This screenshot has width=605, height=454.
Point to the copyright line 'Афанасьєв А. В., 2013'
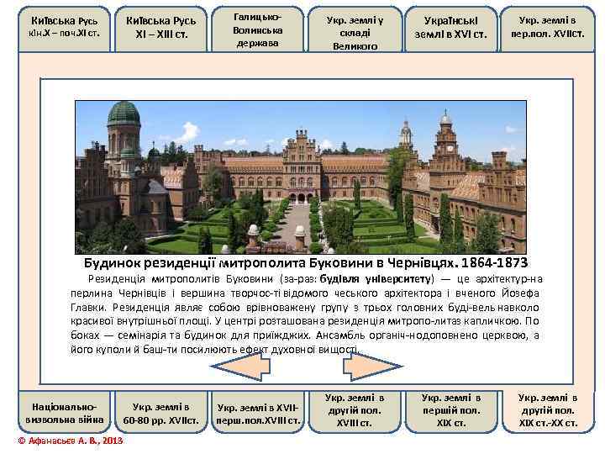point(71,441)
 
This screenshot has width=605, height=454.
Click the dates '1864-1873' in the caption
point(487,263)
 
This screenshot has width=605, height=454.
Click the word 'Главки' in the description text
point(90,308)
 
